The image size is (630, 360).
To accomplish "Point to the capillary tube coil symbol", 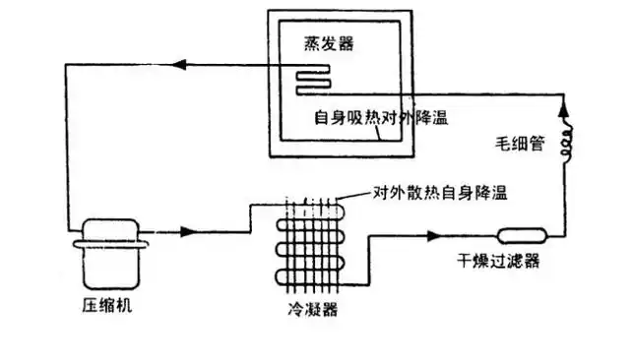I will point(568,144).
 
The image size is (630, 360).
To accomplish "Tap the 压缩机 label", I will point(103,305).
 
